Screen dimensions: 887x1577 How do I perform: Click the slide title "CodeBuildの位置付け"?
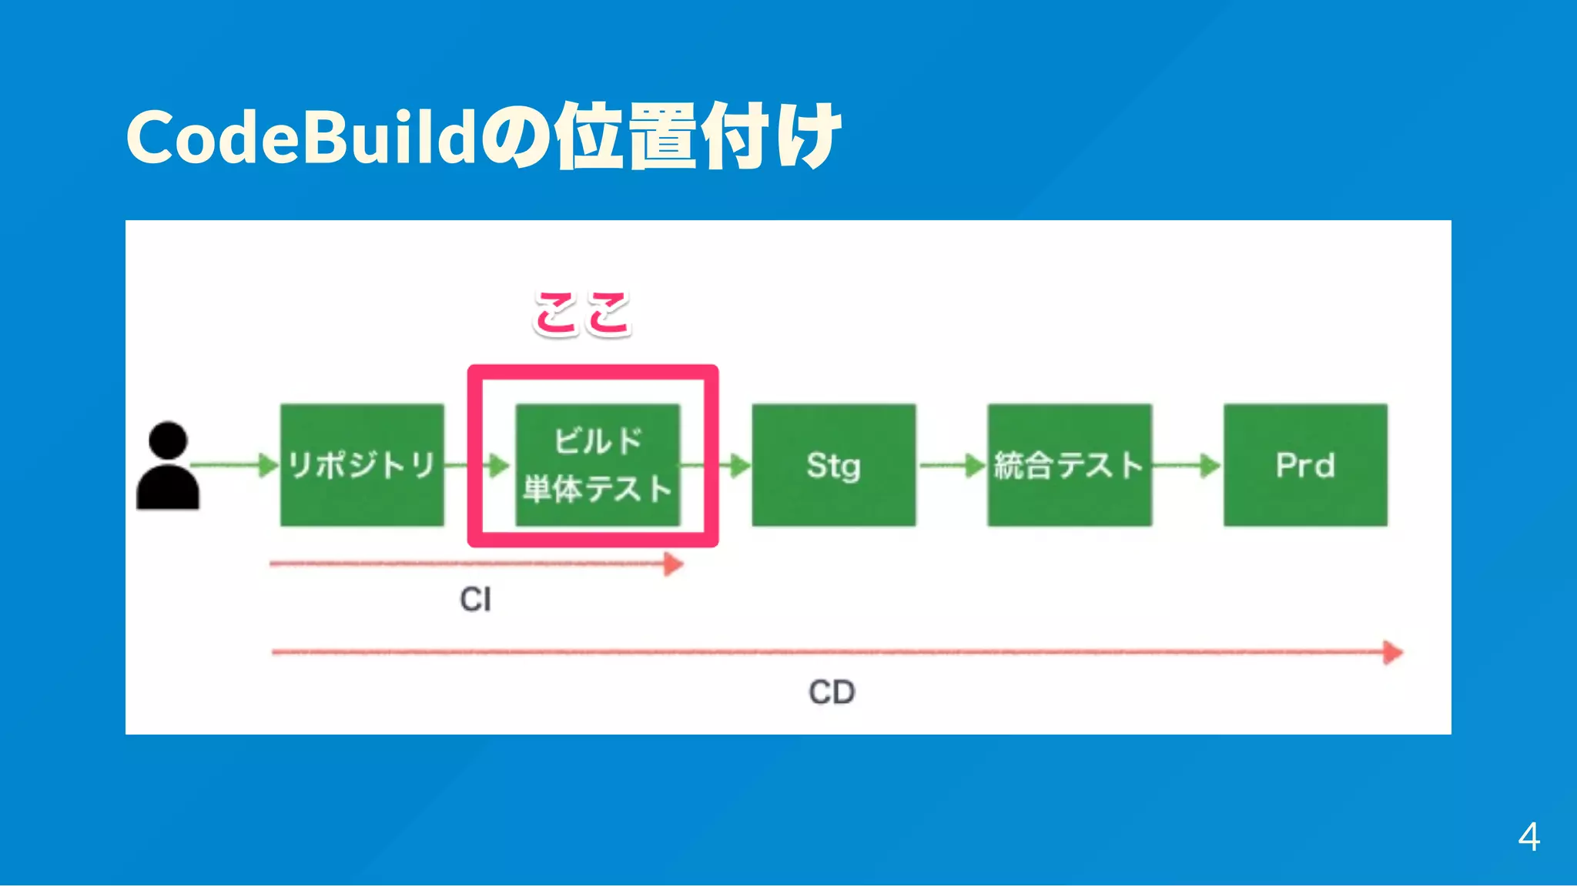pyautogui.click(x=484, y=137)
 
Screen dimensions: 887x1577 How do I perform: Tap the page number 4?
pyautogui.click(x=1528, y=837)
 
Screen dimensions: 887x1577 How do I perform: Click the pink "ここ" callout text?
pyautogui.click(x=583, y=313)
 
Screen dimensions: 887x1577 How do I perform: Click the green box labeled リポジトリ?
pyautogui.click(x=362, y=465)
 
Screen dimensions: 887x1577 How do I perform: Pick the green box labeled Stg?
pyautogui.click(x=833, y=465)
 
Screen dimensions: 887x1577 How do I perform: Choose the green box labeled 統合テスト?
pyautogui.click(x=1070, y=465)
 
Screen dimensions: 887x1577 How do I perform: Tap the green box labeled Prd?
pyautogui.click(x=1305, y=465)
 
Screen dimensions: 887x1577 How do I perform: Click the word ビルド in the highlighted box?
pyautogui.click(x=598, y=441)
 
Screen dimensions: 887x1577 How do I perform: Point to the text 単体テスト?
pyautogui.click(x=598, y=489)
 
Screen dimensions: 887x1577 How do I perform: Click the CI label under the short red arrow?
pyautogui.click(x=475, y=599)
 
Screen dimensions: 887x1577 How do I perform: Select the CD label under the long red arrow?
pyautogui.click(x=832, y=691)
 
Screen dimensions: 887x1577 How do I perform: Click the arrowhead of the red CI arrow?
pyautogui.click(x=674, y=564)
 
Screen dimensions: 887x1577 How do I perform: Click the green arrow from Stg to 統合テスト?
pyautogui.click(x=952, y=465)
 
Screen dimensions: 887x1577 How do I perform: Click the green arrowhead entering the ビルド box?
pyautogui.click(x=499, y=465)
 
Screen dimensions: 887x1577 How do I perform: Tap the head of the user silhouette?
pyautogui.click(x=168, y=440)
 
